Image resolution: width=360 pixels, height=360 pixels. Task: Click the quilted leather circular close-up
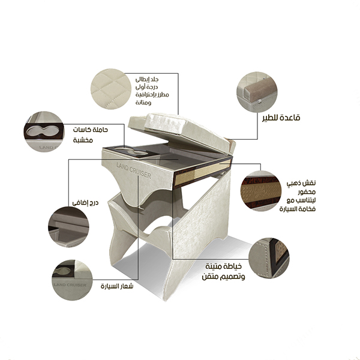click(111, 89)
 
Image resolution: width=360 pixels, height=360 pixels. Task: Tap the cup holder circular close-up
click(44, 132)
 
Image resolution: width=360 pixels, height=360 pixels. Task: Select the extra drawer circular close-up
click(68, 227)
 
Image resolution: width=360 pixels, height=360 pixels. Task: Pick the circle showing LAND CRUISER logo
click(72, 280)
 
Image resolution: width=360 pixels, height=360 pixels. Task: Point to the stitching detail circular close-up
click(269, 258)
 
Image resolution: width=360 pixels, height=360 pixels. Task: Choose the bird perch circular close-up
click(257, 92)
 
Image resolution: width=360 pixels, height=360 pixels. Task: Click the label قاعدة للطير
click(281, 118)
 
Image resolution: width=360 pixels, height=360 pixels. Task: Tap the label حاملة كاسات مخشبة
click(91, 135)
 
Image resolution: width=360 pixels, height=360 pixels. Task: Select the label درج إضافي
click(85, 203)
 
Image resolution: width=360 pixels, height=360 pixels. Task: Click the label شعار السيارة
click(117, 286)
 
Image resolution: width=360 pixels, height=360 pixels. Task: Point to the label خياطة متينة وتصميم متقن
click(223, 271)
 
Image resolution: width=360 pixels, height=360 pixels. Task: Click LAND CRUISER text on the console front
click(134, 171)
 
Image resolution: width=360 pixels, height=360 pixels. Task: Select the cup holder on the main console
click(131, 151)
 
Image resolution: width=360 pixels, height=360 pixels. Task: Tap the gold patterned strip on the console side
click(203, 172)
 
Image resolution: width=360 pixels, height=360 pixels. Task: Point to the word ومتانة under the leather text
click(143, 103)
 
